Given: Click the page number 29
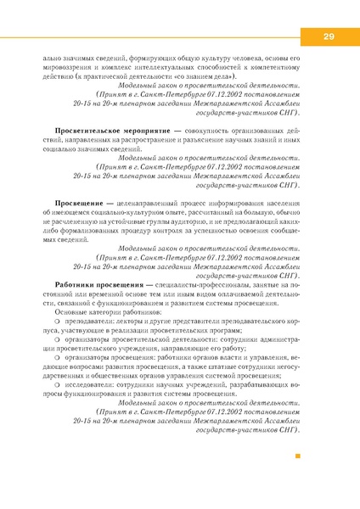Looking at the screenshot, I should pos(328,36).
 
